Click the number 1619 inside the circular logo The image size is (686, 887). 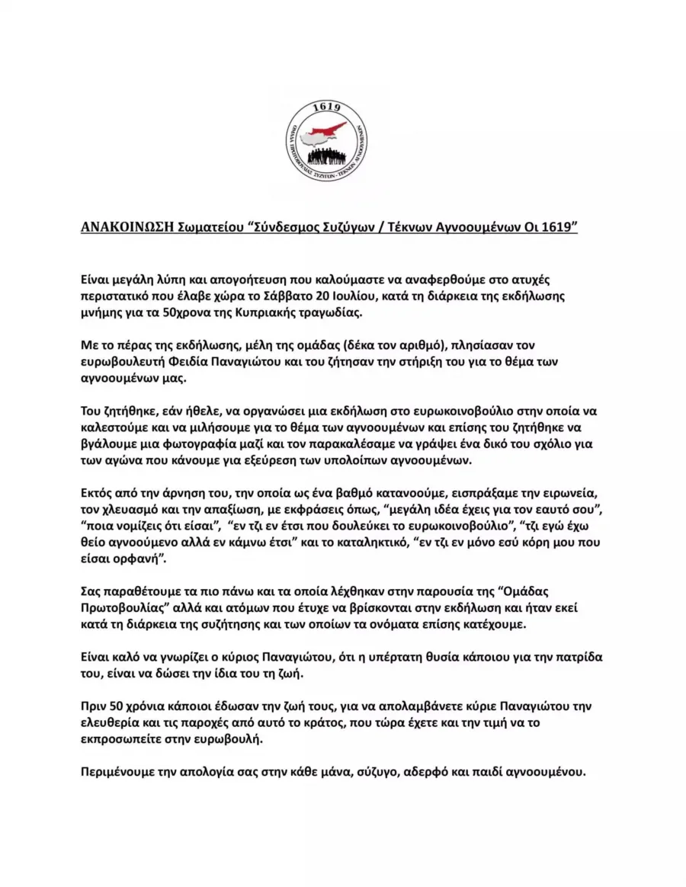326,110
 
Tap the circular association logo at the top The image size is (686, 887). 327,141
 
